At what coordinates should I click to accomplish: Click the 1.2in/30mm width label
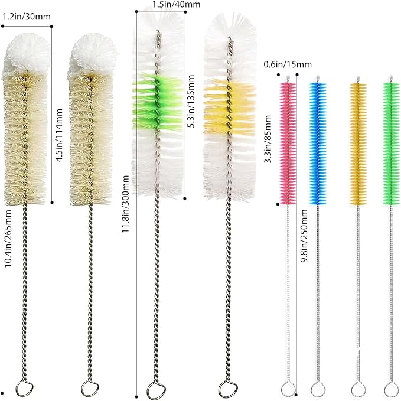click(x=27, y=17)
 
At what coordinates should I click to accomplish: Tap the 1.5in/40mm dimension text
click(x=176, y=4)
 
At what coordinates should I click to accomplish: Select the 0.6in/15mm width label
click(x=288, y=64)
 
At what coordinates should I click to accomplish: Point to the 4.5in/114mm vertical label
click(x=59, y=135)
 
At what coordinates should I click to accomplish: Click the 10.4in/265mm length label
click(x=8, y=239)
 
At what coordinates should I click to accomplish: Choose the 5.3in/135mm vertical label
click(x=191, y=101)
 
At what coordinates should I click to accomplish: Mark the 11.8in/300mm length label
click(x=125, y=204)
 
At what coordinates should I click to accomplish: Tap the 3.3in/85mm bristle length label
click(x=268, y=139)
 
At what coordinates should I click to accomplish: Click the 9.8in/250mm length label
click(x=304, y=236)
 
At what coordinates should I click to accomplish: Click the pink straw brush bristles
click(x=288, y=144)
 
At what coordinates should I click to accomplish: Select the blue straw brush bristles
click(x=318, y=144)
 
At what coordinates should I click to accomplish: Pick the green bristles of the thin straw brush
click(x=392, y=144)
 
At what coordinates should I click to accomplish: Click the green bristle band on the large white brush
click(x=158, y=102)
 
